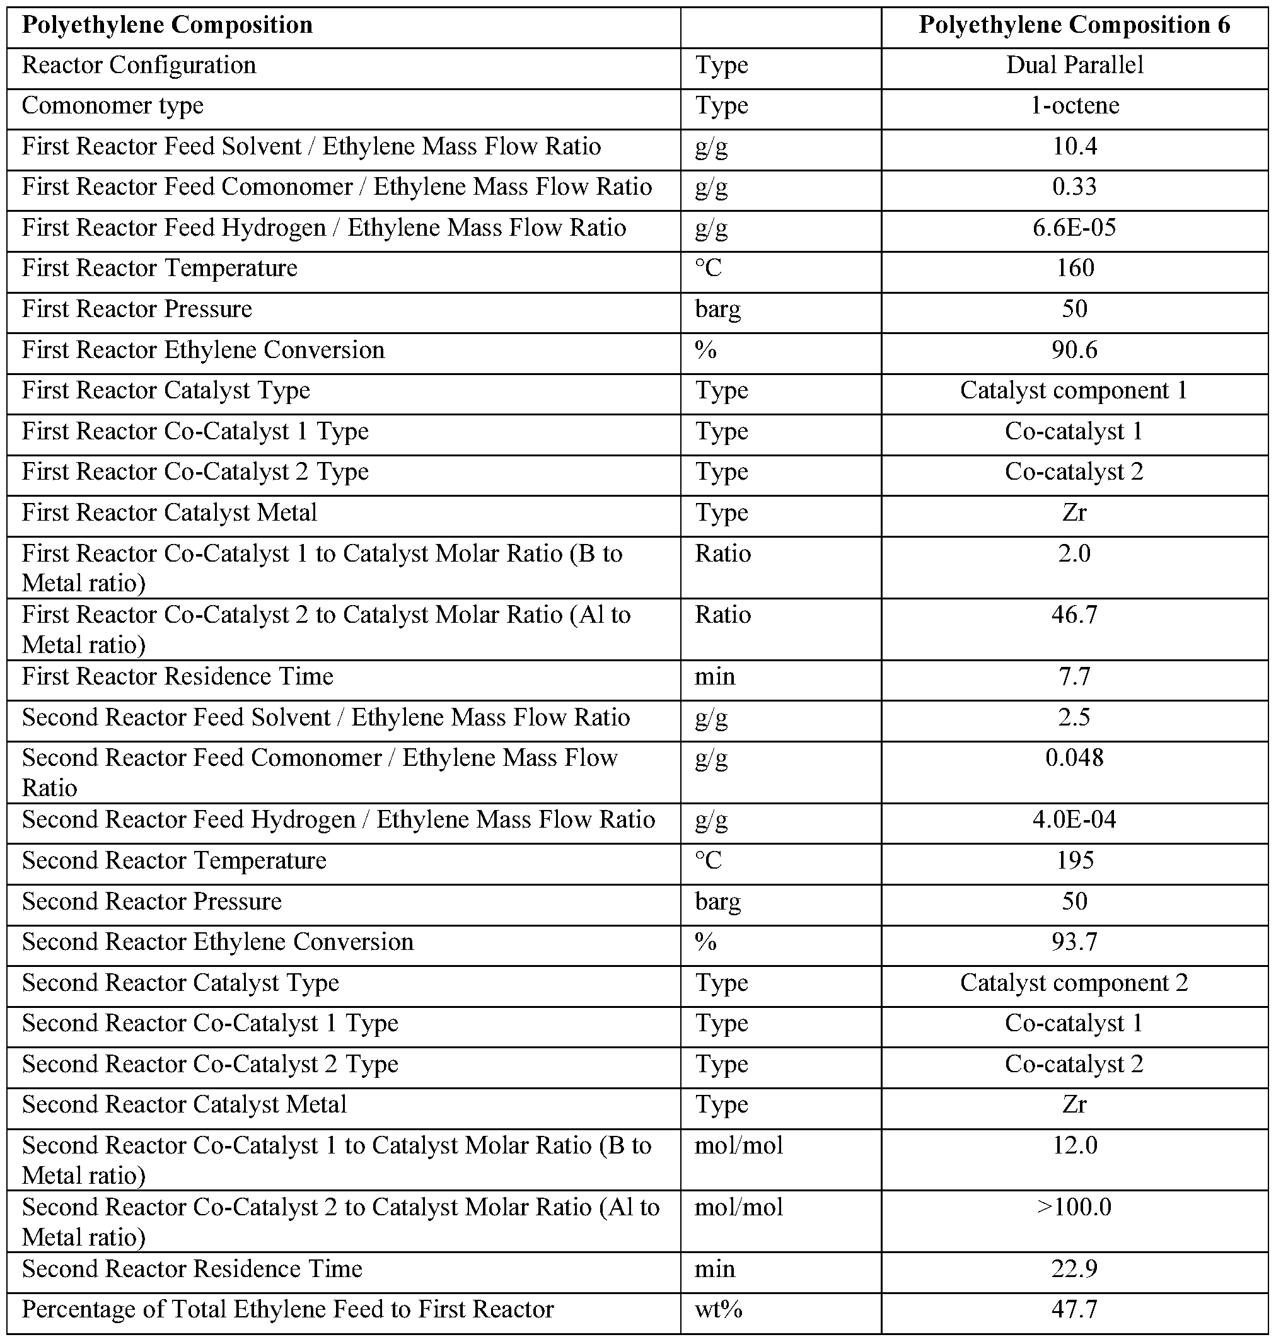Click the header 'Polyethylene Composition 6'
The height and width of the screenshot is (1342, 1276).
[x=1074, y=25]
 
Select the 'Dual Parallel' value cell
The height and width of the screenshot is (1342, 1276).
[x=1074, y=66]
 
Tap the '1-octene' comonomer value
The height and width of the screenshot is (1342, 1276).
[x=1074, y=105]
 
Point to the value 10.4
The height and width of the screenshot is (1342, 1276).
[x=1074, y=146]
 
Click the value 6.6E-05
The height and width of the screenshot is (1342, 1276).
[x=1074, y=227]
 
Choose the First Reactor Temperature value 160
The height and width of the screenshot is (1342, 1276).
[x=1074, y=268]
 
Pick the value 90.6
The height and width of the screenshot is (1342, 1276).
[x=1074, y=350]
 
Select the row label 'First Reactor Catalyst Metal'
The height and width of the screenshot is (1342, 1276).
[x=170, y=512]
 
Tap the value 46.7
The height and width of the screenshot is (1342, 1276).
[x=1074, y=615]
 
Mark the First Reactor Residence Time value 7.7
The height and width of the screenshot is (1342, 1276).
[x=1074, y=677]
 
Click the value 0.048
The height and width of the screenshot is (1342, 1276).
[x=1074, y=758]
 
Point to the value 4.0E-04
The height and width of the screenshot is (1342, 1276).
[x=1074, y=819]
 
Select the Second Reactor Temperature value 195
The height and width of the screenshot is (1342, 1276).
[x=1074, y=860]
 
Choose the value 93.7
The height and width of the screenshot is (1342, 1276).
[x=1074, y=942]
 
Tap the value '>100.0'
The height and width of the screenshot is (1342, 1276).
[x=1074, y=1207]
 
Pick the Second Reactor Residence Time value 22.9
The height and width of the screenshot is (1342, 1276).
[x=1074, y=1270]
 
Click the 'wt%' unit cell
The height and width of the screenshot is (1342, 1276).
[x=718, y=1310]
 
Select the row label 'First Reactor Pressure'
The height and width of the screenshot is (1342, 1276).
[x=137, y=309]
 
